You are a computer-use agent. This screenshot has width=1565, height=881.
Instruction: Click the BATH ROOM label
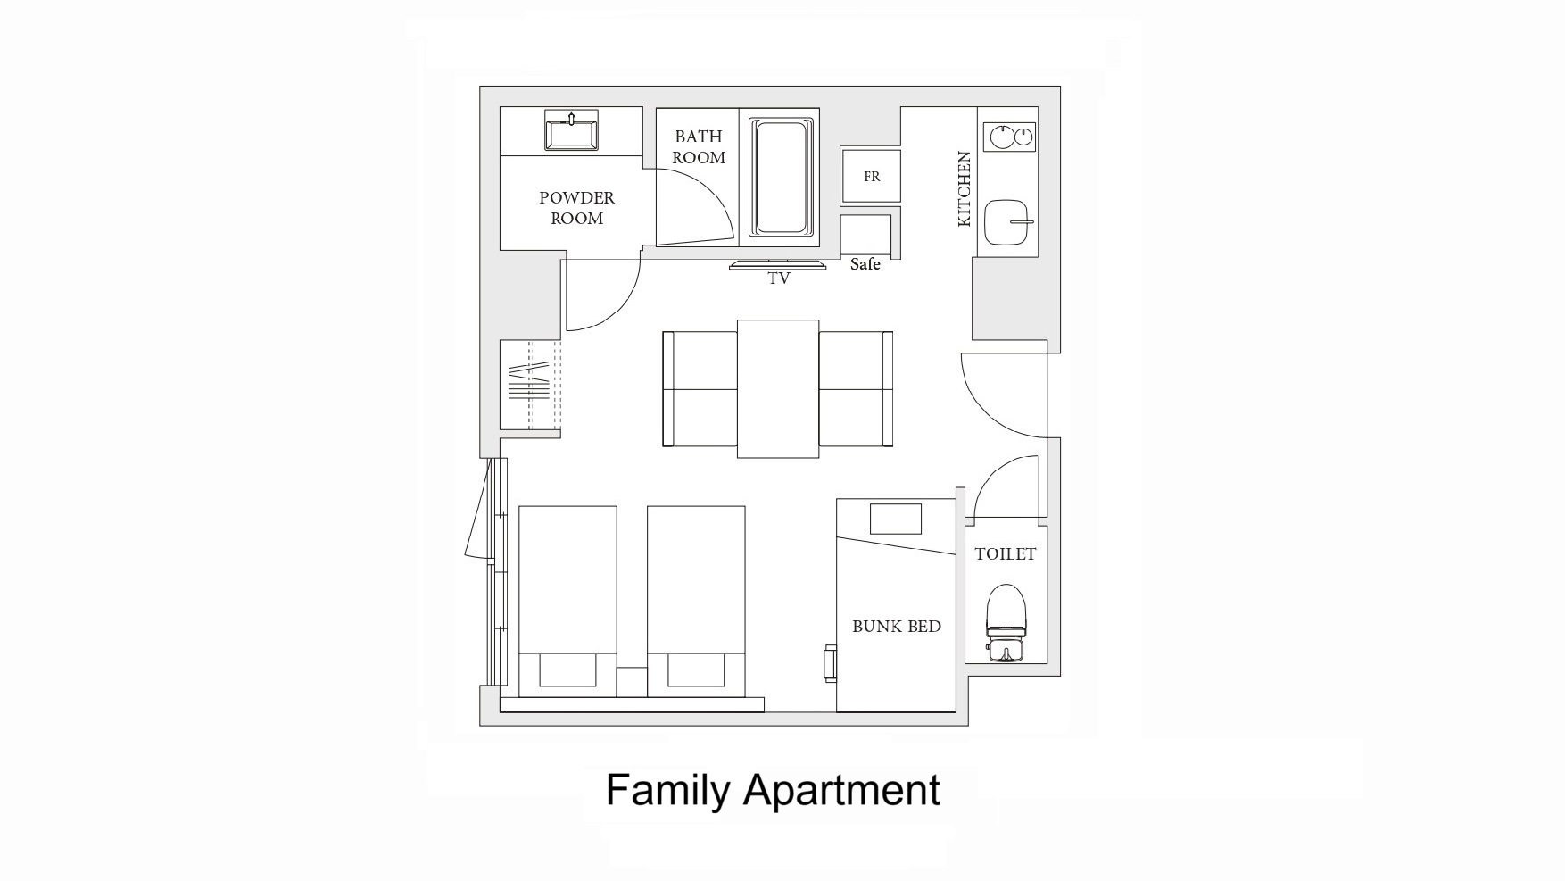699,147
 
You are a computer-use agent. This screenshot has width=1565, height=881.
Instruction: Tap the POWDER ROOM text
576,208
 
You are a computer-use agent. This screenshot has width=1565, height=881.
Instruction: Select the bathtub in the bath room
781,177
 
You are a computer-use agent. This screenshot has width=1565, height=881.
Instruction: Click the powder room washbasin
571,132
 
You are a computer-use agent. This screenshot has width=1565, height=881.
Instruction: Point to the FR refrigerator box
871,177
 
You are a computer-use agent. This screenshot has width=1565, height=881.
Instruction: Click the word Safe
865,264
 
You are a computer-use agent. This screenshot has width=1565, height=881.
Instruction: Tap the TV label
779,278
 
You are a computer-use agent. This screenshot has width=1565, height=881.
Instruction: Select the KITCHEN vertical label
964,188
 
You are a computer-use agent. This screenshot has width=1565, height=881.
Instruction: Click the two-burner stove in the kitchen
1009,137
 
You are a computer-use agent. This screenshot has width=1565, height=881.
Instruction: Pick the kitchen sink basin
1008,222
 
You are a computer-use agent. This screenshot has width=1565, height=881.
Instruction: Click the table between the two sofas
778,389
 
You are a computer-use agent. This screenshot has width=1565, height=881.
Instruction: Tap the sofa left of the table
700,389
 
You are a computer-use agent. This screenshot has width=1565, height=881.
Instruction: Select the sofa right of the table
856,389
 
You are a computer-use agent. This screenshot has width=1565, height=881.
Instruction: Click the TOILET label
1005,554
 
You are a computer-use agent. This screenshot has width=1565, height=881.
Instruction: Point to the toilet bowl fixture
1006,622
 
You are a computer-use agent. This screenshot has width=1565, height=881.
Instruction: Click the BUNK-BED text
896,627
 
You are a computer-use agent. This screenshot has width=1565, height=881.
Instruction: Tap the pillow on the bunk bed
895,519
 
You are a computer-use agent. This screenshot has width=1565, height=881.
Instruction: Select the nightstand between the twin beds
632,681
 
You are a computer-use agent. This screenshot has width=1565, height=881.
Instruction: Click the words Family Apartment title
773,790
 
